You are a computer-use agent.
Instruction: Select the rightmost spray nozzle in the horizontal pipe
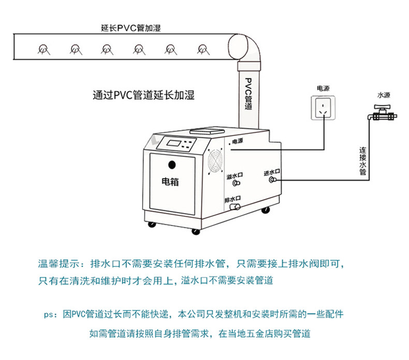(202, 49)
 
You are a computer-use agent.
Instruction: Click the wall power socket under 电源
(324, 108)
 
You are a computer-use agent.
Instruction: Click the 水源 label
(384, 95)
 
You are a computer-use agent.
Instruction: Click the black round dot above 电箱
(171, 166)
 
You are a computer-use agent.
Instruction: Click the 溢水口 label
(235, 176)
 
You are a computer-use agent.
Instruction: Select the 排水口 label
(233, 198)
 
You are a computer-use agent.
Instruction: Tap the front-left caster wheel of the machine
(151, 225)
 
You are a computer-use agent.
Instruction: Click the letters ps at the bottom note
(50, 314)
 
